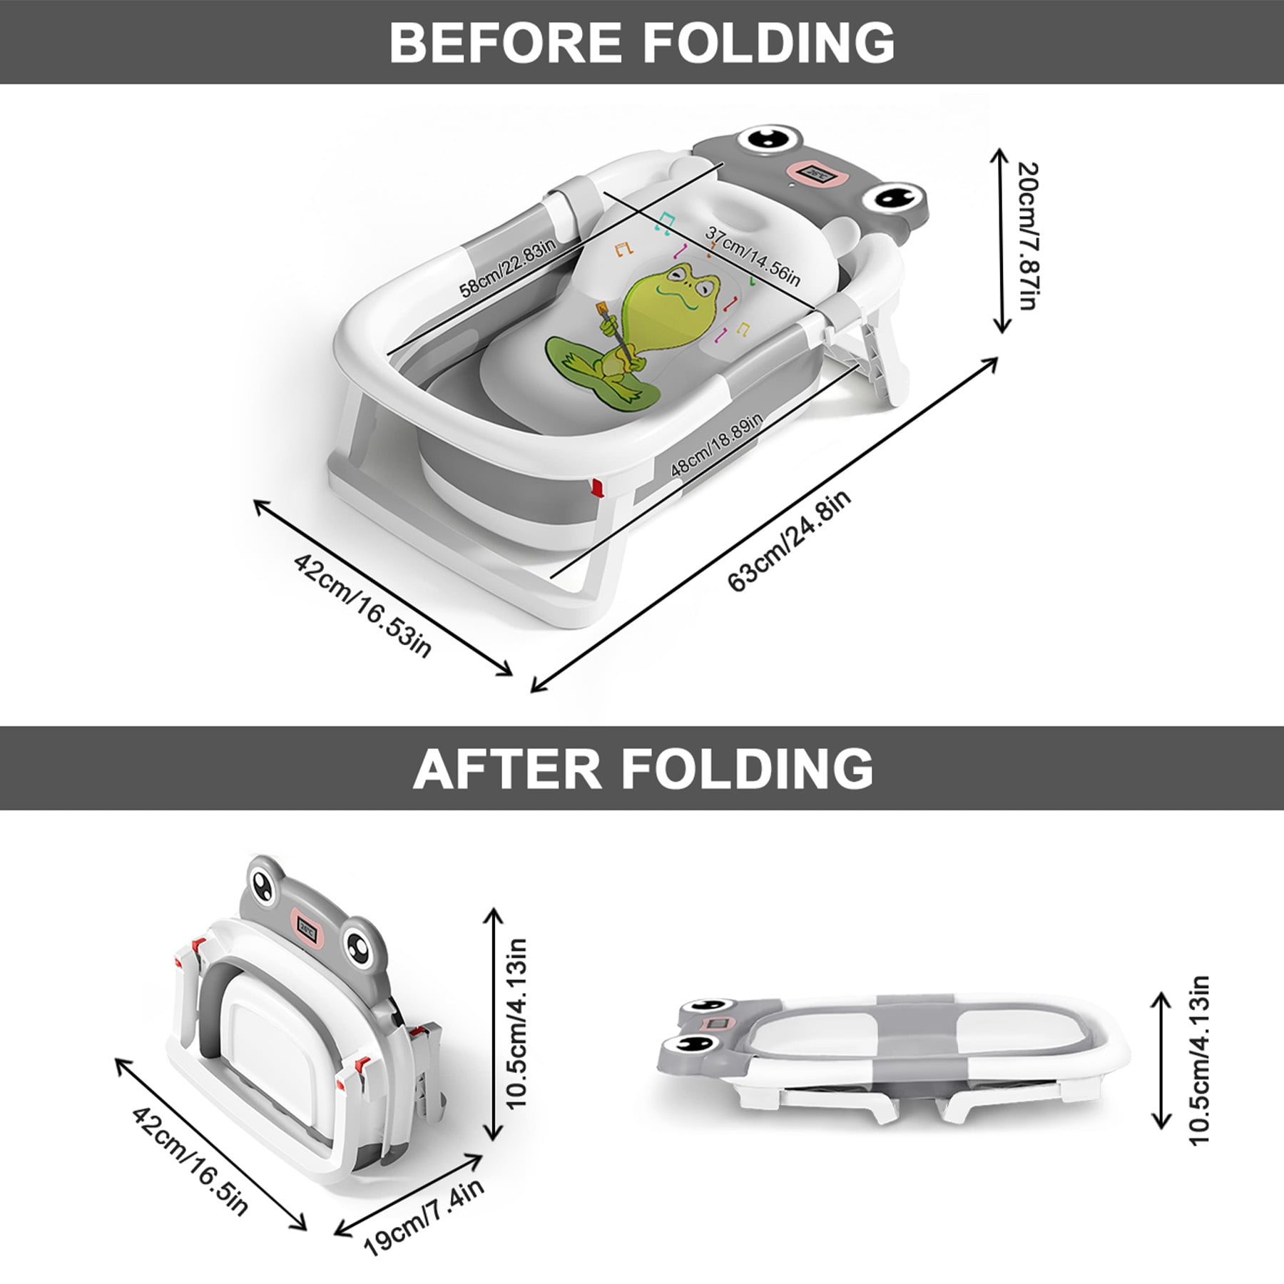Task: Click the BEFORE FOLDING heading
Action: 642,42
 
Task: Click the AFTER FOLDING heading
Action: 643,768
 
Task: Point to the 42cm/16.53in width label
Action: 363,607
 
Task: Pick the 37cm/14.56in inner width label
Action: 753,255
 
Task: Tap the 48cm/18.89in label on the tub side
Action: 717,446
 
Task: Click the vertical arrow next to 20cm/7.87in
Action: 1002,240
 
